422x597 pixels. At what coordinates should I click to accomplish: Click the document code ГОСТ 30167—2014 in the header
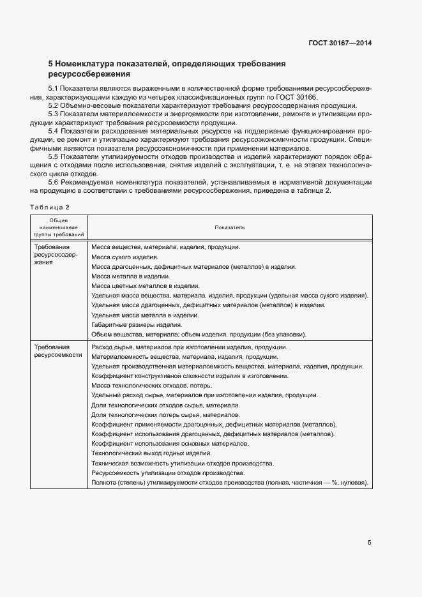(x=339, y=43)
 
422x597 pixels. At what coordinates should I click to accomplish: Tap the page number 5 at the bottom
(x=369, y=543)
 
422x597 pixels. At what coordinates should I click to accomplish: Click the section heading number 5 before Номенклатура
(x=50, y=64)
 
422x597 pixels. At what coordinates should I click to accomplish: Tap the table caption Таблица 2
(x=49, y=207)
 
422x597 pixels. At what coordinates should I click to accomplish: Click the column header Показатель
(x=229, y=227)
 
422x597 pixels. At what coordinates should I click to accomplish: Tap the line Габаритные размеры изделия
(x=137, y=324)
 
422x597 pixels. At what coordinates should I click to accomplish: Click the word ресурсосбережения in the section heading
(x=89, y=75)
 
